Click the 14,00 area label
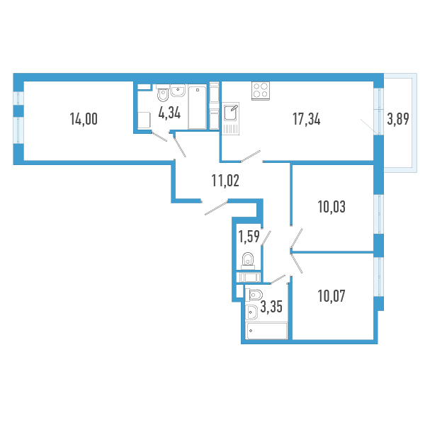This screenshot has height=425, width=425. (84, 119)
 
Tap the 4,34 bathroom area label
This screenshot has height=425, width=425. (169, 113)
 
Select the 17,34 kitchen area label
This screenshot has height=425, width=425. (307, 119)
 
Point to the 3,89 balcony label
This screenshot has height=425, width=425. (398, 119)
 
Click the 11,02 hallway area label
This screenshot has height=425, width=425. (225, 181)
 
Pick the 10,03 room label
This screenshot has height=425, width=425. (331, 207)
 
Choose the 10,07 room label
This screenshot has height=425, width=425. (331, 295)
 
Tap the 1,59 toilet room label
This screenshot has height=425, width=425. (249, 237)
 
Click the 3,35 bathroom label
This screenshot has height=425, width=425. (271, 307)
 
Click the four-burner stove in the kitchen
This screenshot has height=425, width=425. (261, 91)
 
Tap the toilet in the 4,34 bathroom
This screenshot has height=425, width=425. (163, 93)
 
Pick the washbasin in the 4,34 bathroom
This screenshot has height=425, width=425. (178, 90)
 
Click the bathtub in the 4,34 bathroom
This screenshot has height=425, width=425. (198, 107)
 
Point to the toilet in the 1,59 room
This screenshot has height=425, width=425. (248, 261)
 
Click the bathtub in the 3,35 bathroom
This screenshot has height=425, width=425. (266, 331)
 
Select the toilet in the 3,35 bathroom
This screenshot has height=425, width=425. (254, 295)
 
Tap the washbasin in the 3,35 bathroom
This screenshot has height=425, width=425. (251, 312)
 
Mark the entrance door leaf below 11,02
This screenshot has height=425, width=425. (216, 208)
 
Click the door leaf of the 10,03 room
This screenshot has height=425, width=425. (297, 238)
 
